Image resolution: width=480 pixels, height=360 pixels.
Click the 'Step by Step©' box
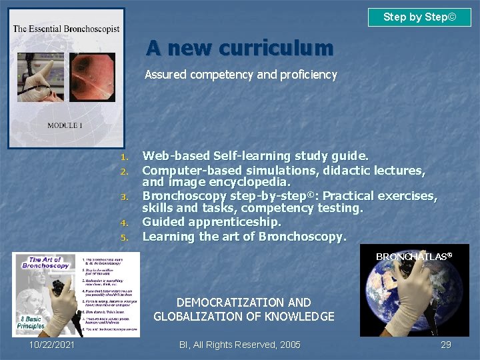pos(419,17)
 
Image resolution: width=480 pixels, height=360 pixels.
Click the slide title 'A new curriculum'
pos(239,48)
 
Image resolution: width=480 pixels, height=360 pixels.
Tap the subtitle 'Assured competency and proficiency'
pos(241,75)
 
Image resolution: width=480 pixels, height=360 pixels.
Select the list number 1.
pos(123,157)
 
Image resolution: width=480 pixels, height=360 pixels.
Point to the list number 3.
pos(123,197)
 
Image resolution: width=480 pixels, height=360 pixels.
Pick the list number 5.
pos(123,237)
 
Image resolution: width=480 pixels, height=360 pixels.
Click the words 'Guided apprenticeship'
pos(212,222)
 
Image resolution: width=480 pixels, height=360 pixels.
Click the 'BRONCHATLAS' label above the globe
pos(413,257)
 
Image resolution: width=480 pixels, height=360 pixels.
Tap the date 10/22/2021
pos(51,345)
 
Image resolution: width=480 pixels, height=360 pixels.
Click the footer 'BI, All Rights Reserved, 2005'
pos(240,345)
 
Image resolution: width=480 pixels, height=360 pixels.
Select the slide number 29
pos(445,345)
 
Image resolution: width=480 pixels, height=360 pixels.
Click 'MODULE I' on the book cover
pos(65,125)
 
